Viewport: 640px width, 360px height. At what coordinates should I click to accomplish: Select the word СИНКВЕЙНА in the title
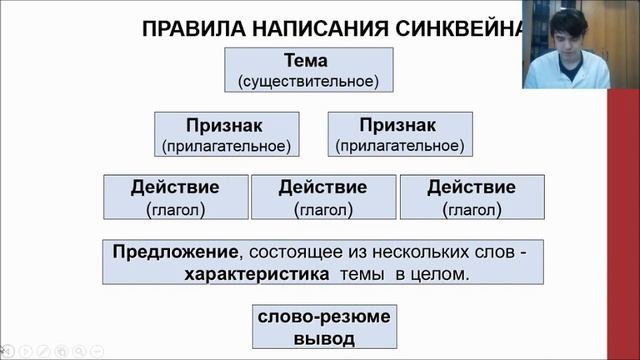466,27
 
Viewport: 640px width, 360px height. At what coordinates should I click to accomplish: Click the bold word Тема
306,60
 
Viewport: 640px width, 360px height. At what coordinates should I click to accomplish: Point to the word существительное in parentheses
308,79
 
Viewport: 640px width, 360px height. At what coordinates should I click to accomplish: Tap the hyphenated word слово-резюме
322,317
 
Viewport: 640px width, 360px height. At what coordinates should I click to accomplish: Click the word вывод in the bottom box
322,338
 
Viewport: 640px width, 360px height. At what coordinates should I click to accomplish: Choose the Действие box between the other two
322,197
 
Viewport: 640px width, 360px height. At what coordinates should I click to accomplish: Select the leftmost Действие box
175,197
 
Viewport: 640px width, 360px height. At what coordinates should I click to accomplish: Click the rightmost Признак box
401,135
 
